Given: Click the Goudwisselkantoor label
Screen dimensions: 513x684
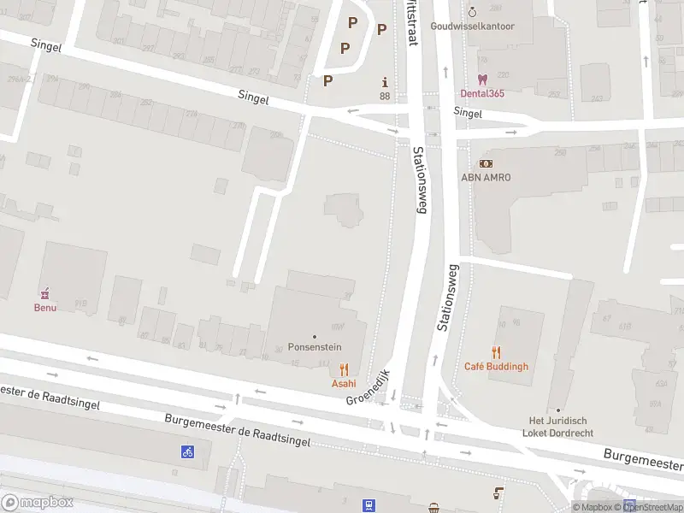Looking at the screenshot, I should (473, 27).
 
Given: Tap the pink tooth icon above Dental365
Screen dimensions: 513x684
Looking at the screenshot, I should (483, 79).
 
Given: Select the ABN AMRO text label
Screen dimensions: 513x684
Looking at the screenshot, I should (486, 177).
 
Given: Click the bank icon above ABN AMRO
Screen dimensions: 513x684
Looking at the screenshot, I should (486, 162).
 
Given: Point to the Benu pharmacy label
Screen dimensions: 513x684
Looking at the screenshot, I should (45, 307).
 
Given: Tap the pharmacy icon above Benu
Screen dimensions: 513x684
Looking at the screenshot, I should (45, 293).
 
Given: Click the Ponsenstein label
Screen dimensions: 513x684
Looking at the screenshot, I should (315, 348).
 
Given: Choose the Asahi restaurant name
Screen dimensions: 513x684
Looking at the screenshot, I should (344, 384).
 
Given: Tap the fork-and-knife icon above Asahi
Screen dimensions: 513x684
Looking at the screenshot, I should (344, 369).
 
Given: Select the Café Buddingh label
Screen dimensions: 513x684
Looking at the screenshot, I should (496, 367).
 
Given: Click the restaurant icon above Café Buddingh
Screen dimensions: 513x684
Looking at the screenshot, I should (496, 352).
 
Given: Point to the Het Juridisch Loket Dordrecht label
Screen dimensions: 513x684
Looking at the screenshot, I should (558, 427).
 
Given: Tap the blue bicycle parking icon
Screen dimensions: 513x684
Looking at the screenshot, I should (187, 451).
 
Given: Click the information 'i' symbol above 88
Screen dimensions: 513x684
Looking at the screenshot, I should (385, 82).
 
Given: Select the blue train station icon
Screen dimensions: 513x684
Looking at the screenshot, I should (369, 505).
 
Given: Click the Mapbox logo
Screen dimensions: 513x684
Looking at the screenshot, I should (37, 502).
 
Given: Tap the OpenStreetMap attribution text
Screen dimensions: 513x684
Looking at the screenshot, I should (652, 508).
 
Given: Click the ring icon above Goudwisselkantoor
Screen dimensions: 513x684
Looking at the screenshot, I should (473, 12).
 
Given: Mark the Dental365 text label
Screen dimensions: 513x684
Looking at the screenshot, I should (483, 93).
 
